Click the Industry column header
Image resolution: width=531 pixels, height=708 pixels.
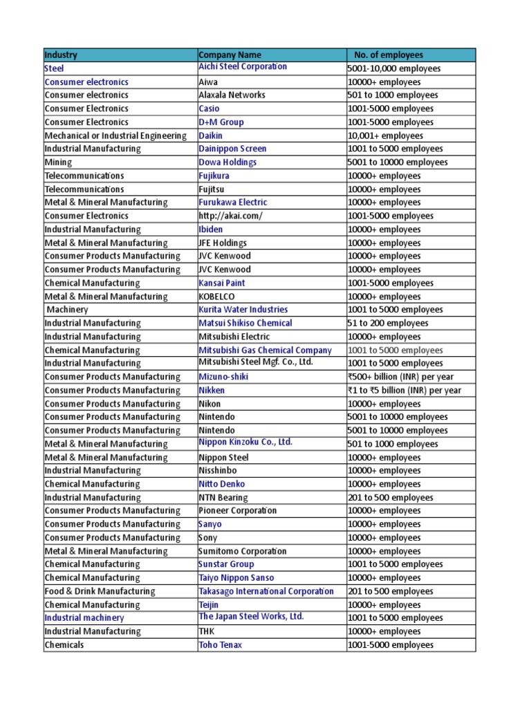[x=62, y=55]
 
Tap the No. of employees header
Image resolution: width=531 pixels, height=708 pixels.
[x=388, y=55]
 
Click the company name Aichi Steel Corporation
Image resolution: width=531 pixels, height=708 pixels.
[x=243, y=66]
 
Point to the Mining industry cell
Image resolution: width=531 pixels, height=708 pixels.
[x=58, y=162]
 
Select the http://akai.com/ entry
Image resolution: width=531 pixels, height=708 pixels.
[x=230, y=216]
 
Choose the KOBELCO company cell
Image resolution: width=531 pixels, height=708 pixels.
[x=216, y=297]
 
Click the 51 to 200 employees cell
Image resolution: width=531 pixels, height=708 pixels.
[x=388, y=323]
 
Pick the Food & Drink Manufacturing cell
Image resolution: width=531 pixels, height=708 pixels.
[x=100, y=591]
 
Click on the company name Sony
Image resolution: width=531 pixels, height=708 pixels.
[x=208, y=538]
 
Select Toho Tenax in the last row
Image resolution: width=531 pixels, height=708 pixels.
[x=220, y=645]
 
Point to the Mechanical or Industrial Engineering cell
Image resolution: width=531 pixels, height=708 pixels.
[x=115, y=136]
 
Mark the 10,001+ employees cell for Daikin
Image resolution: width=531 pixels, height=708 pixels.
[x=385, y=136]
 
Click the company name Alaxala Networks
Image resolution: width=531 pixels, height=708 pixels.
[x=232, y=95]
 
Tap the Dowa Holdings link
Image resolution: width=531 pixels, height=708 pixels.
[x=227, y=162]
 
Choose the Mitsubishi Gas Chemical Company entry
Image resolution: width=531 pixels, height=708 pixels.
[x=265, y=350]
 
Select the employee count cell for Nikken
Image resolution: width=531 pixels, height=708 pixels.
[x=404, y=390]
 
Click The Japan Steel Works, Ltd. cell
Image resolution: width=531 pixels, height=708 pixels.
[x=251, y=617]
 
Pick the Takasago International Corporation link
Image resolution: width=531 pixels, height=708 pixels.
[x=266, y=591]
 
